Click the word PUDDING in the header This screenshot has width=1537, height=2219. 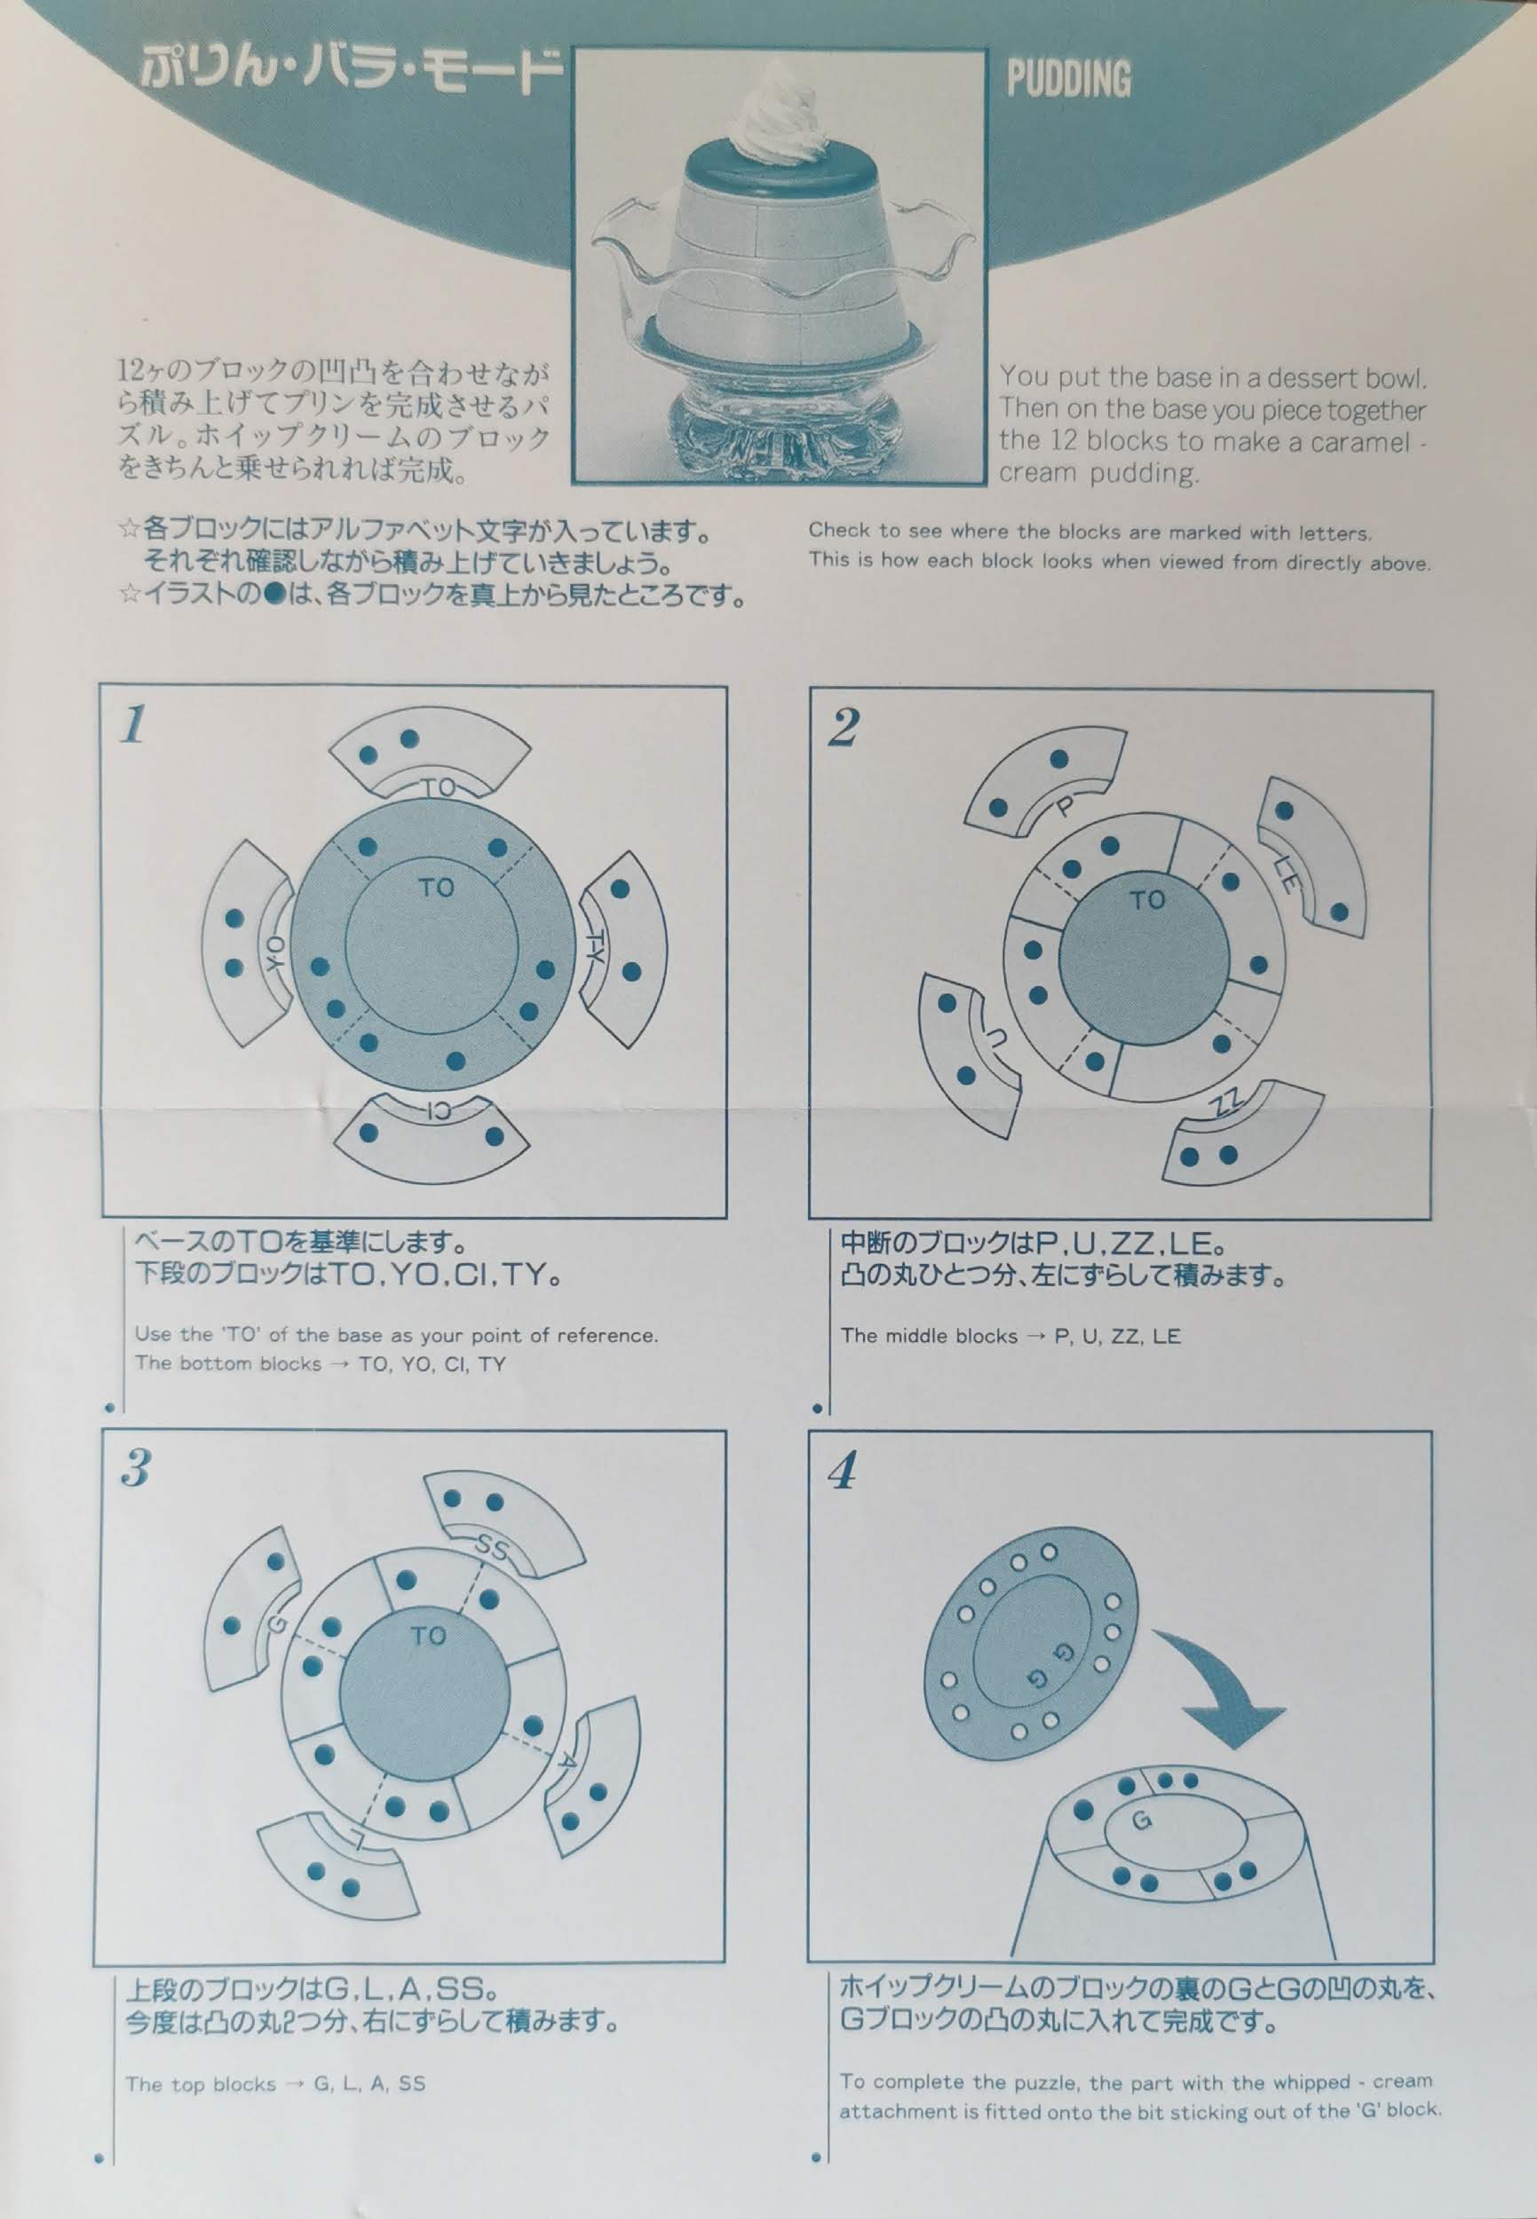1068,79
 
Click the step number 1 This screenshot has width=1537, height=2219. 134,724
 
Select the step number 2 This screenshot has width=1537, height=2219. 843,727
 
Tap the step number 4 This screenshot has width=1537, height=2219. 844,1471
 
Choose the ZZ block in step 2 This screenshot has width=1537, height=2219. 1242,1131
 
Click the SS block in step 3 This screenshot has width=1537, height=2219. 503,1525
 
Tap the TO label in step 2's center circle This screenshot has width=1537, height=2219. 1147,900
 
